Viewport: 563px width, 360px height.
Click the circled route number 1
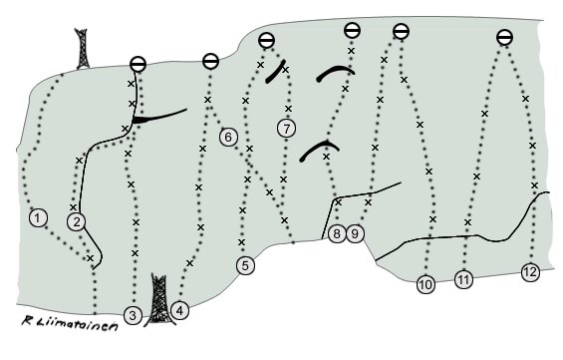38,217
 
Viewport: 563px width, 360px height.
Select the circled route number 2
76,221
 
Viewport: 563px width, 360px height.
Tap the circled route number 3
133,315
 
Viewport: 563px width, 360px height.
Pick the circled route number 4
180,310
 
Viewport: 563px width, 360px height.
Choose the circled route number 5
245,266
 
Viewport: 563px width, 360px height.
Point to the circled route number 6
229,137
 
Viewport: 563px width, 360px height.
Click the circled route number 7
287,129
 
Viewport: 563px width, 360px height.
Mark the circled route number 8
337,234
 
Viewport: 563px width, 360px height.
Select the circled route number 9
355,234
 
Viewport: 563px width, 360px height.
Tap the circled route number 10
425,285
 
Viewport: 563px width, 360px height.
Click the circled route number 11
464,279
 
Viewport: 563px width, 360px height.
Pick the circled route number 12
531,272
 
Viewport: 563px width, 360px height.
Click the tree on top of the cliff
83,49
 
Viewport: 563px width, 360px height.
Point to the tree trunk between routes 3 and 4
159,300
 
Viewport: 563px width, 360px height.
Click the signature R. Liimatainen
70,323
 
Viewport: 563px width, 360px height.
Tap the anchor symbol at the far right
504,37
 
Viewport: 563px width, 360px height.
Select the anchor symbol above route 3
138,65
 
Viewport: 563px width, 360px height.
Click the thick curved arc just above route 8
319,150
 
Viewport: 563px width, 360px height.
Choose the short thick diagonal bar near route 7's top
275,72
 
